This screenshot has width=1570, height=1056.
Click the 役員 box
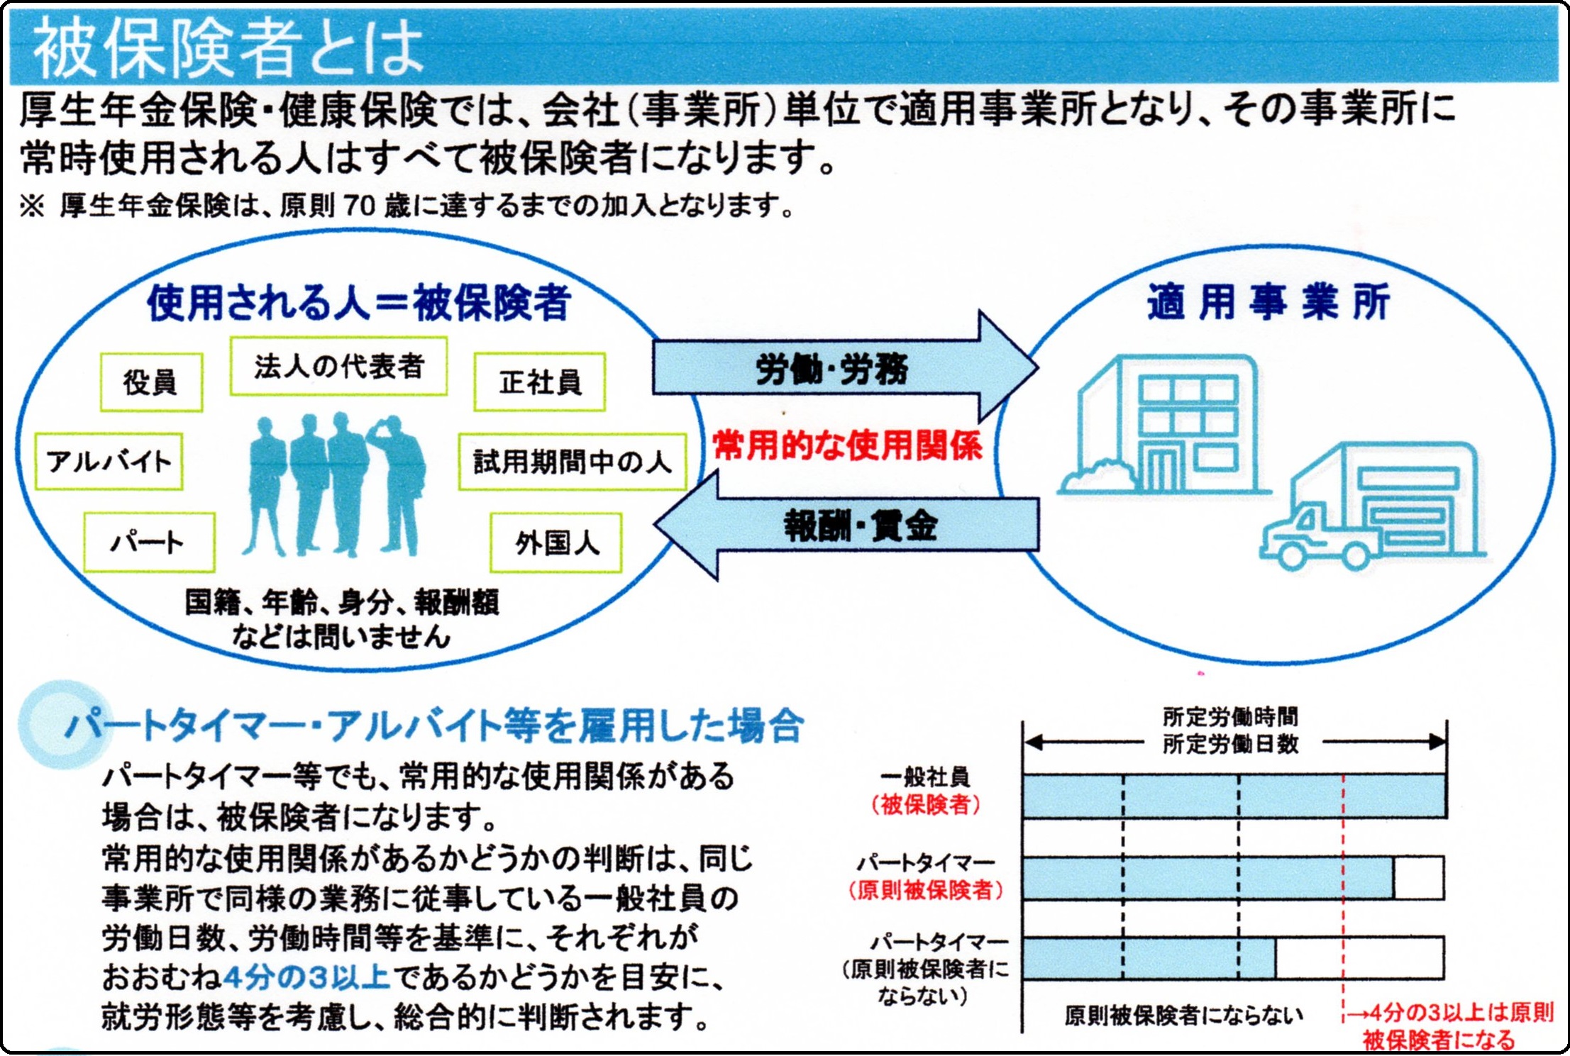[x=151, y=382]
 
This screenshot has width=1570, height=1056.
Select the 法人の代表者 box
[x=338, y=366]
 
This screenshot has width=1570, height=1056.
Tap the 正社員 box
[x=540, y=382]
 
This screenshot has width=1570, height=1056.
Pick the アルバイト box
[x=109, y=462]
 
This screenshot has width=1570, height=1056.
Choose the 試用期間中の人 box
[x=573, y=462]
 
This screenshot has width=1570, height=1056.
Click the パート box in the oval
[x=149, y=543]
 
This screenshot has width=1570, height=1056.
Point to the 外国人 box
[x=556, y=543]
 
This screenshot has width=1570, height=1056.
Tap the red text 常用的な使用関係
[x=848, y=446]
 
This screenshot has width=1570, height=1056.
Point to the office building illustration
[x=1163, y=425]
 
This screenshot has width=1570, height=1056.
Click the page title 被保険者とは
[x=228, y=48]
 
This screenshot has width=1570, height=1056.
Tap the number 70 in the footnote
[x=360, y=206]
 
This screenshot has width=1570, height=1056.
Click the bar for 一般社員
[x=1234, y=796]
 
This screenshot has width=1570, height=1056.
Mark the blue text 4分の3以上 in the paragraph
[x=306, y=977]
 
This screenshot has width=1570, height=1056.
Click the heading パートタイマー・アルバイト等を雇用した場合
[x=434, y=726]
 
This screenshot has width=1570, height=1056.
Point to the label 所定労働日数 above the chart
[x=1231, y=744]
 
